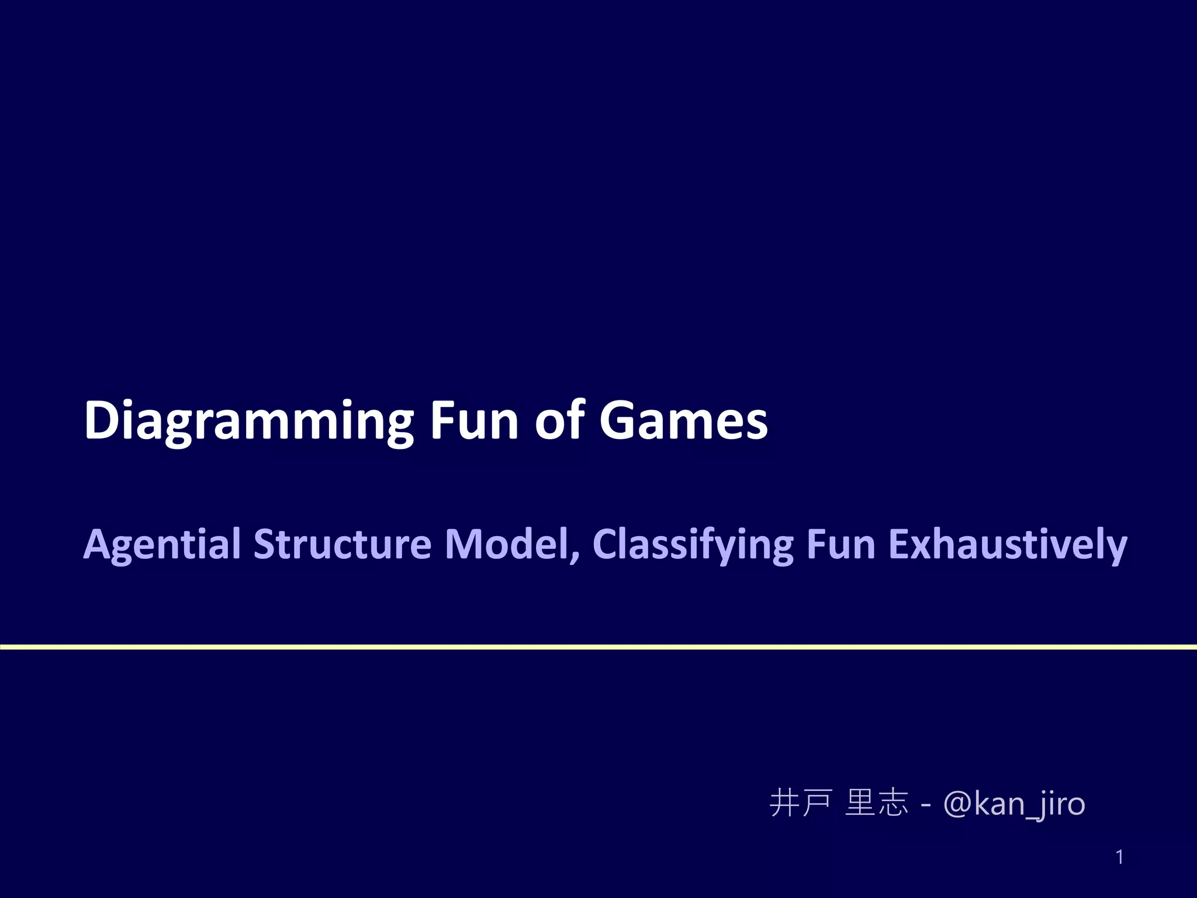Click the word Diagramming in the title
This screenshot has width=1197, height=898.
point(248,421)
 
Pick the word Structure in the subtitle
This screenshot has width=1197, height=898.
point(342,544)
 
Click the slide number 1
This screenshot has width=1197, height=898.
point(1119,857)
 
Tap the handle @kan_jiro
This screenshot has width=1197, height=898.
point(1014,804)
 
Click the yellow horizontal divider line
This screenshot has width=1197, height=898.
point(598,647)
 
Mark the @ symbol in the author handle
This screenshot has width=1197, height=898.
point(957,804)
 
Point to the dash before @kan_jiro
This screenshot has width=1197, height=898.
point(925,806)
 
